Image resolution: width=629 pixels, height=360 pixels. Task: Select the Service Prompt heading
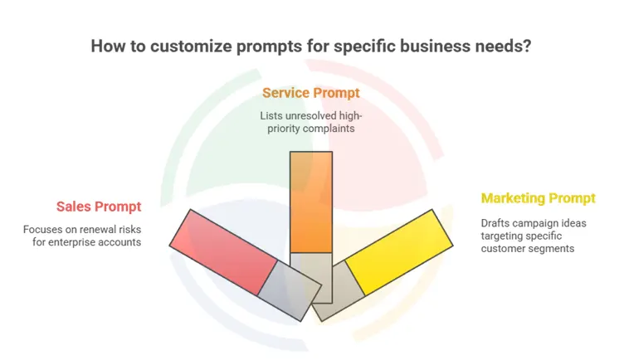310,93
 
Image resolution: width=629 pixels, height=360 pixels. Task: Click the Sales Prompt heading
99,207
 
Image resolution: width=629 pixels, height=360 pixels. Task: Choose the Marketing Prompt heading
538,198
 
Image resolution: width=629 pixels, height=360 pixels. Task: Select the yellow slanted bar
398,251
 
